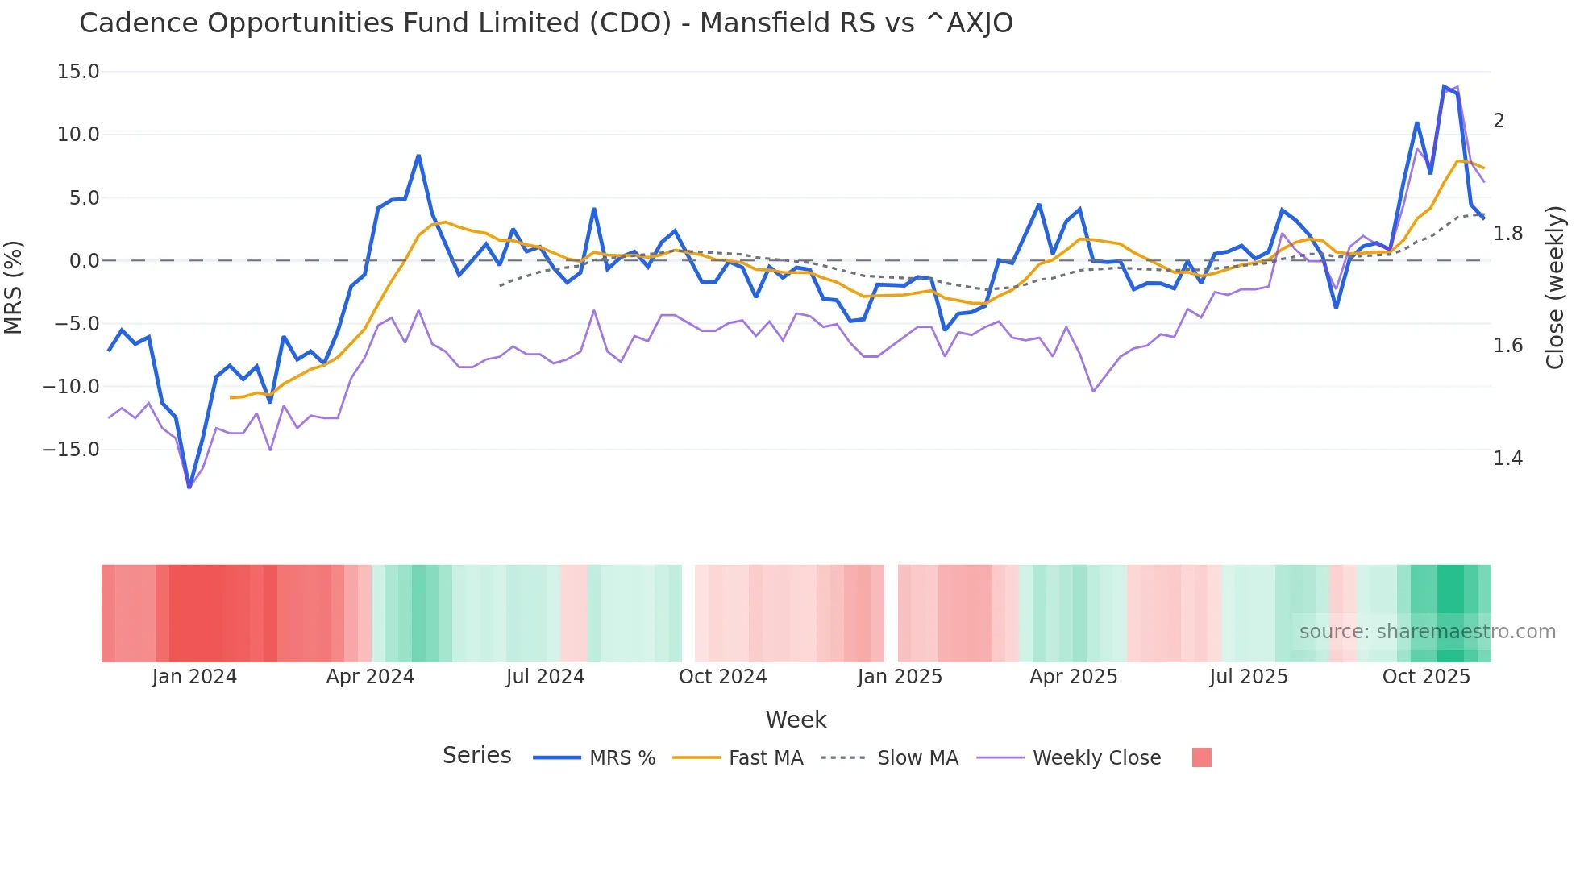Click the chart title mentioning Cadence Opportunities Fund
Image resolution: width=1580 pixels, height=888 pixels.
coord(546,23)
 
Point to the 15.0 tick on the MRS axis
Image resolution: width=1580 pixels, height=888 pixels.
coord(78,72)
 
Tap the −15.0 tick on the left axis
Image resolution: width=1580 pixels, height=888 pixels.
coord(71,450)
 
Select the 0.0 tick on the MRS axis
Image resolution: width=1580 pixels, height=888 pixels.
coord(84,261)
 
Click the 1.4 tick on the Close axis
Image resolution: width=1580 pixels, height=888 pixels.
coord(1507,459)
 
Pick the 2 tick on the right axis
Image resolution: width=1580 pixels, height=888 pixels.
coord(1499,121)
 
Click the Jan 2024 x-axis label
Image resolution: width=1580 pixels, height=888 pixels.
coord(194,677)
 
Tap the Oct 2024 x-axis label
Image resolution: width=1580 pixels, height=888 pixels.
coord(722,677)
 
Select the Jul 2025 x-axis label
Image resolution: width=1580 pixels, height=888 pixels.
coord(1248,677)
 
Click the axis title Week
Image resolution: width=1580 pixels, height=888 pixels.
coord(796,720)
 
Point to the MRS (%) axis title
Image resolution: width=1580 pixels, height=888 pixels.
coord(14,288)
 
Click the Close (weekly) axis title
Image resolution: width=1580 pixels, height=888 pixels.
coord(1555,288)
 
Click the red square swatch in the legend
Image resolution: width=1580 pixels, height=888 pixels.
coord(1201,757)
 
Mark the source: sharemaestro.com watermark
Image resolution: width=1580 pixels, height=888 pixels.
coord(1427,632)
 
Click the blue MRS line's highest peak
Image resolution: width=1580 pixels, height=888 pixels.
coord(1444,86)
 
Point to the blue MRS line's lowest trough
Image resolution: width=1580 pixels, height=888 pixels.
coord(189,487)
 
